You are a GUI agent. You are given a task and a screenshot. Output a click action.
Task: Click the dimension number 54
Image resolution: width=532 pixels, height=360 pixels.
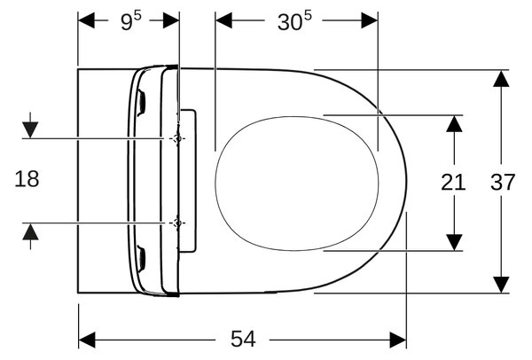[x=243, y=339]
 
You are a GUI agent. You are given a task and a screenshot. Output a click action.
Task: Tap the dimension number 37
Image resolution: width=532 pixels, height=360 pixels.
[x=503, y=182]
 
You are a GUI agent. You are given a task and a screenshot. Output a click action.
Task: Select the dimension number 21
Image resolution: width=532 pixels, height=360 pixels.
[x=453, y=182]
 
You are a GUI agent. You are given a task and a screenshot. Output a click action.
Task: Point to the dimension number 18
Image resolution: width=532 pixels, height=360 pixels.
[x=27, y=179]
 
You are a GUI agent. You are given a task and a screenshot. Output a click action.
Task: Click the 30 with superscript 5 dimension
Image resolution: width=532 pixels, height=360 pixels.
[x=294, y=21]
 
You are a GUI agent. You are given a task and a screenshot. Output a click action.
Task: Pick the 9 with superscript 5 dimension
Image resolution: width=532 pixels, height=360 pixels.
[x=131, y=21]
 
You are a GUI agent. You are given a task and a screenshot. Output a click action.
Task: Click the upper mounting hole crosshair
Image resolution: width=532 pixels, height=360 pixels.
[x=176, y=138]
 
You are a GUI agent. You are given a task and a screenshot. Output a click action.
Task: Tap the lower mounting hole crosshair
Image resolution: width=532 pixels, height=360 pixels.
[x=176, y=223]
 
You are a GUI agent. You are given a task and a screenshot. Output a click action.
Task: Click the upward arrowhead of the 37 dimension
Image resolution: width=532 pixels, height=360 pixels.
[x=501, y=78]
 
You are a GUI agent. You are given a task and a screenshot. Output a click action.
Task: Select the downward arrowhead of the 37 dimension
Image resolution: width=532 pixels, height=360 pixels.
[x=501, y=285]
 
